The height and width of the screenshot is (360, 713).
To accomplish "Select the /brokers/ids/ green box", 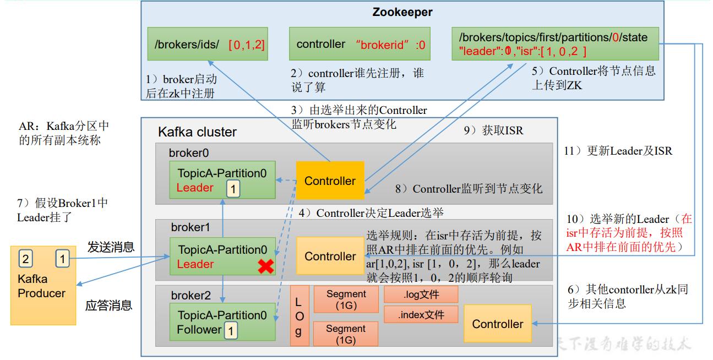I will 208,44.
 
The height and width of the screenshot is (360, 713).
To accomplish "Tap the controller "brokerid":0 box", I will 360,44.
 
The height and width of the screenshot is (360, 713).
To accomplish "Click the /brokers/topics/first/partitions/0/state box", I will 555,44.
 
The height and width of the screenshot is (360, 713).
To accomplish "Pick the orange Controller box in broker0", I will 330,181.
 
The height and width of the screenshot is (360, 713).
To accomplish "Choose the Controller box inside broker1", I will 330,256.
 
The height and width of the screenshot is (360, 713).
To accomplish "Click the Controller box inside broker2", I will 497,324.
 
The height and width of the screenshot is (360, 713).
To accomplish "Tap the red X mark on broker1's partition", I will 266,266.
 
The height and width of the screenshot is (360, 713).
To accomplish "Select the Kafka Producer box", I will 43,285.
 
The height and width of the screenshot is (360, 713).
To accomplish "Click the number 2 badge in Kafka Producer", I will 25,258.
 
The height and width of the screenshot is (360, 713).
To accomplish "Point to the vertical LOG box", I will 299,316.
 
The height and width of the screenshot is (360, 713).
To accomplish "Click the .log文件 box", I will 421,294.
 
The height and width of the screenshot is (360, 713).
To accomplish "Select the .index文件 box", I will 421,315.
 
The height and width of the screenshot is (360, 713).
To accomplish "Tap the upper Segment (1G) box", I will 346,299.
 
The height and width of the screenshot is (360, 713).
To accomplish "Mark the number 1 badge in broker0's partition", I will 233,189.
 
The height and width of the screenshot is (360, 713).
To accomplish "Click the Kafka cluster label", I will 197,132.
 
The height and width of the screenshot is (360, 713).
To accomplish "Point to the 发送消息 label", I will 111,247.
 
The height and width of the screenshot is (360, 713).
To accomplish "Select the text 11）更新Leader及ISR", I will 618,151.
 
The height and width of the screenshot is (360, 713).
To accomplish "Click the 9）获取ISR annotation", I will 493,130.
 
